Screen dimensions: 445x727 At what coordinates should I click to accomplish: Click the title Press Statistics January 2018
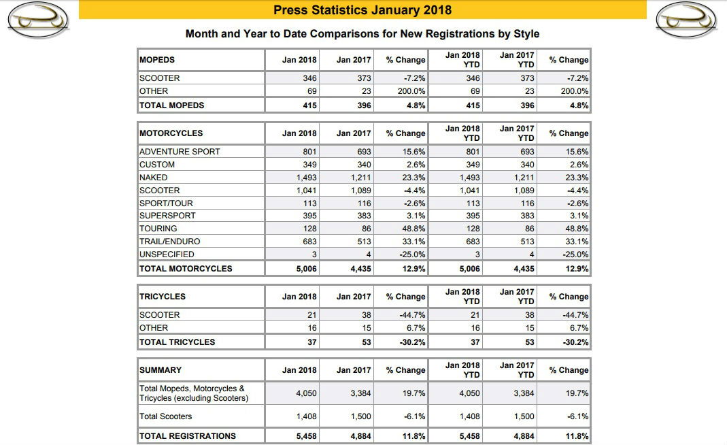coord(362,10)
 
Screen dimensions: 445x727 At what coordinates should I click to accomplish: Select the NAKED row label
coord(154,178)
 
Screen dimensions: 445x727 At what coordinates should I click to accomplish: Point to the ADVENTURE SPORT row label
coord(180,152)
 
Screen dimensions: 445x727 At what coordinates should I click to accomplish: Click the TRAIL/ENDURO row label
coord(169,242)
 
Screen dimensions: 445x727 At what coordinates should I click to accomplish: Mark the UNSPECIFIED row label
coord(167,254)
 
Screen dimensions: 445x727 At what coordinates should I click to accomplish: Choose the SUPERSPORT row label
coord(167,216)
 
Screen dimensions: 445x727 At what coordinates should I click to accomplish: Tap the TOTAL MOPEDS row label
coord(171,105)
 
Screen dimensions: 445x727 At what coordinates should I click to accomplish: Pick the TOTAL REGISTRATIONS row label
coord(188,436)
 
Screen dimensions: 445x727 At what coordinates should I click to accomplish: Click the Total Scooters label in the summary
coord(166,416)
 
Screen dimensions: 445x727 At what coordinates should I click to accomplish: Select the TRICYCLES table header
coord(163,297)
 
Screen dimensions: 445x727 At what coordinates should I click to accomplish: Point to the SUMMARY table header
coord(160,370)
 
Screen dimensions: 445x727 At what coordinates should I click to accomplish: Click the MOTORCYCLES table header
coord(171,133)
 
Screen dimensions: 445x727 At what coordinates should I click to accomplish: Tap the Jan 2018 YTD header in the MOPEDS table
coord(462,60)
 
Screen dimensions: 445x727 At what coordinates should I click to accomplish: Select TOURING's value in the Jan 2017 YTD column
coord(528,229)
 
